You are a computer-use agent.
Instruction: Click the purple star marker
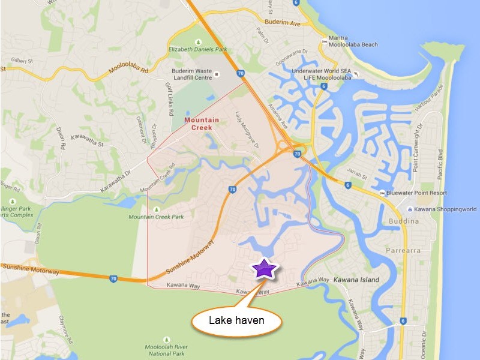pyautogui.click(x=263, y=268)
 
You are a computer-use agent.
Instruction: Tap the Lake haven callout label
pyautogui.click(x=236, y=320)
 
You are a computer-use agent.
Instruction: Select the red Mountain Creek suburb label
pyautogui.click(x=197, y=123)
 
